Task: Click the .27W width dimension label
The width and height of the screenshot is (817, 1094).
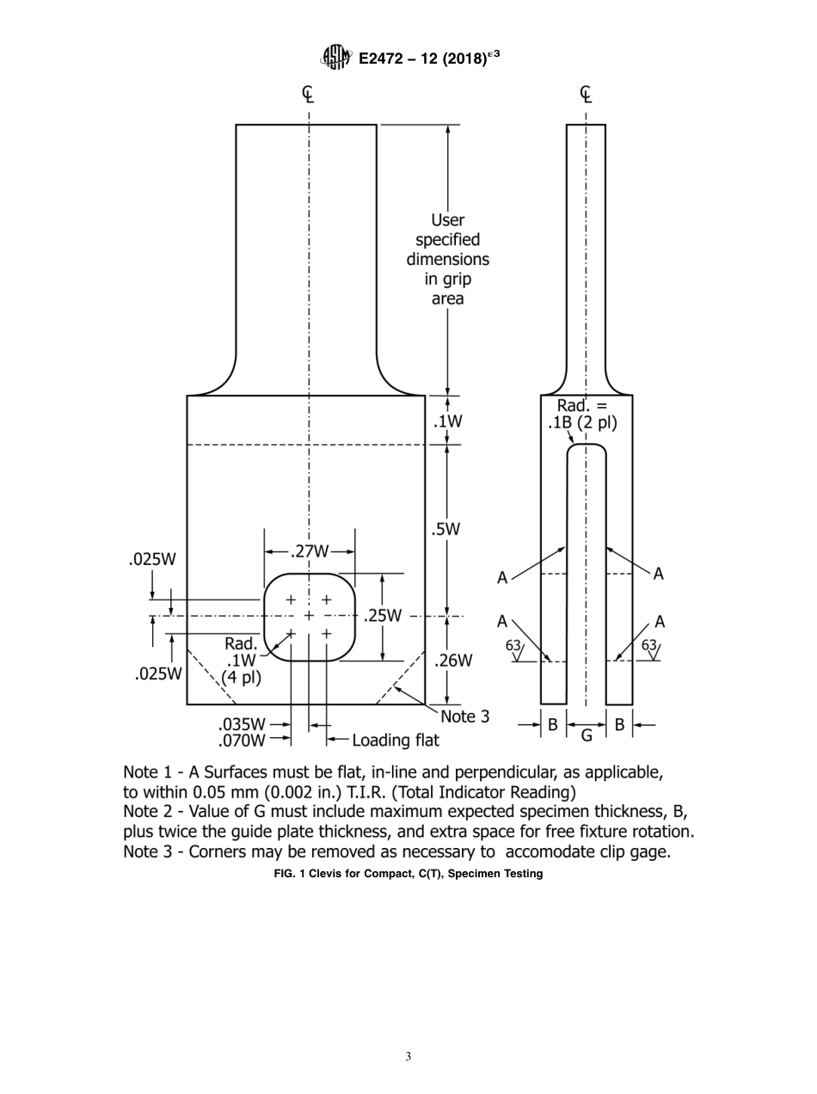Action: pyautogui.click(x=309, y=550)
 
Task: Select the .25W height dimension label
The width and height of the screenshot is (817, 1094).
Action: pyautogui.click(x=382, y=616)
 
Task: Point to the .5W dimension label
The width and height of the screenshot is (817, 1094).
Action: pyautogui.click(x=447, y=529)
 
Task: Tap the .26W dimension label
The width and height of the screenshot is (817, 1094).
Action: pyautogui.click(x=452, y=661)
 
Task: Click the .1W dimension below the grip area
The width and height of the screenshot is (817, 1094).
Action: pyautogui.click(x=447, y=421)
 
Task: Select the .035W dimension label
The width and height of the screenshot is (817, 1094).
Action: pyautogui.click(x=242, y=724)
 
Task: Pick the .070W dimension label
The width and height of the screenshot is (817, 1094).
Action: pyautogui.click(x=242, y=740)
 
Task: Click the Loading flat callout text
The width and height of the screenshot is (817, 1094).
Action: pyautogui.click(x=395, y=741)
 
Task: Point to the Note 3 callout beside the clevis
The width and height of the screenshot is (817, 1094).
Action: pyautogui.click(x=464, y=716)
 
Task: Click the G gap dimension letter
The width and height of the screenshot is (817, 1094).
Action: pyautogui.click(x=587, y=735)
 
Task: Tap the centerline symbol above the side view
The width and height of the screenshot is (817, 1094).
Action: pyautogui.click(x=586, y=93)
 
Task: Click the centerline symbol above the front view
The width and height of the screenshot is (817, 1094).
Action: pyautogui.click(x=308, y=93)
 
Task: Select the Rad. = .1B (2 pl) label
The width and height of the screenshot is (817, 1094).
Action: pyautogui.click(x=582, y=415)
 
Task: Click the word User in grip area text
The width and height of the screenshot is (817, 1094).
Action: pyautogui.click(x=447, y=220)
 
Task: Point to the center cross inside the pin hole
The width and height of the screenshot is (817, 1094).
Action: pyautogui.click(x=309, y=616)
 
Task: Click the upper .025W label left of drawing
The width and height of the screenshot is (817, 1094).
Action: pyautogui.click(x=152, y=559)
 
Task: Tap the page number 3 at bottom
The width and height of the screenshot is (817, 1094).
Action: pyautogui.click(x=408, y=1057)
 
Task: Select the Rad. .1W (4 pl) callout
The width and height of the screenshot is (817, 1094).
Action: pyautogui.click(x=241, y=660)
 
